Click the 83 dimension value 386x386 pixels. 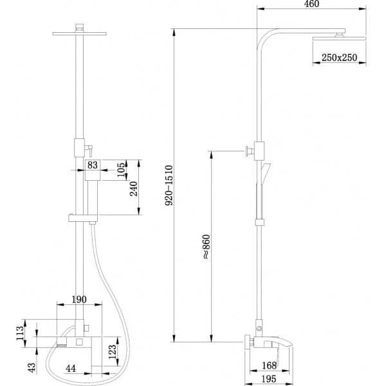click(x=92, y=165)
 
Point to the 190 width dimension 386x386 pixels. click(x=80, y=300)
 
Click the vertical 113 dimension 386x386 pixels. click(x=20, y=333)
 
